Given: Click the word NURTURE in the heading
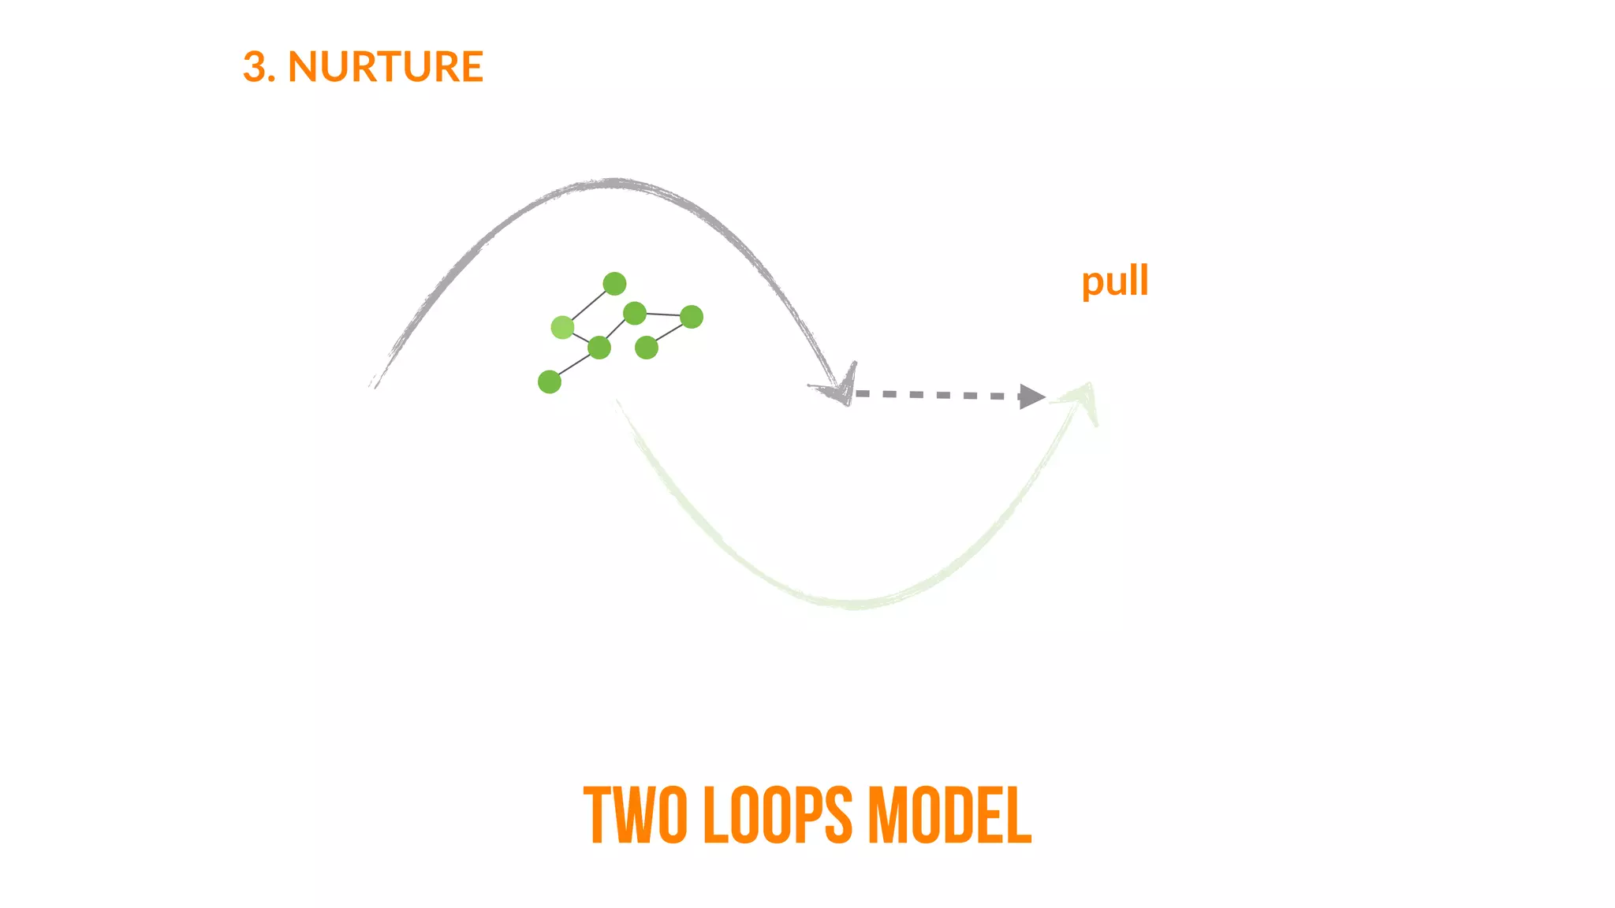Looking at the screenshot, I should tap(386, 67).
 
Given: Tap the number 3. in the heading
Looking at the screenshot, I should tap(259, 67).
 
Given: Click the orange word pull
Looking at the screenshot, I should tap(1114, 281).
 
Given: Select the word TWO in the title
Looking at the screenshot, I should tap(635, 815).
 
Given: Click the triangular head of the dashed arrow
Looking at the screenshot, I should tap(1031, 396).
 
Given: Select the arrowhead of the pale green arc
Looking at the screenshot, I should tap(1084, 397).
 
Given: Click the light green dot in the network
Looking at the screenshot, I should tap(562, 327).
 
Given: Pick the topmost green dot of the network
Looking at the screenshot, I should tap(614, 284).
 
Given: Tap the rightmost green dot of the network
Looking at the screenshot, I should tap(692, 317).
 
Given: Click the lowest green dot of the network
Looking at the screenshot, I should tap(550, 382).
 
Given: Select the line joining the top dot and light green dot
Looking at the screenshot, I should tap(588, 305).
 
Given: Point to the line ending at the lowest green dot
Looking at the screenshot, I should tap(574, 365).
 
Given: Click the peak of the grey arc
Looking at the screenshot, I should tap(614, 184).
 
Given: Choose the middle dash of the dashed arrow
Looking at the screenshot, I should tap(943, 395).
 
